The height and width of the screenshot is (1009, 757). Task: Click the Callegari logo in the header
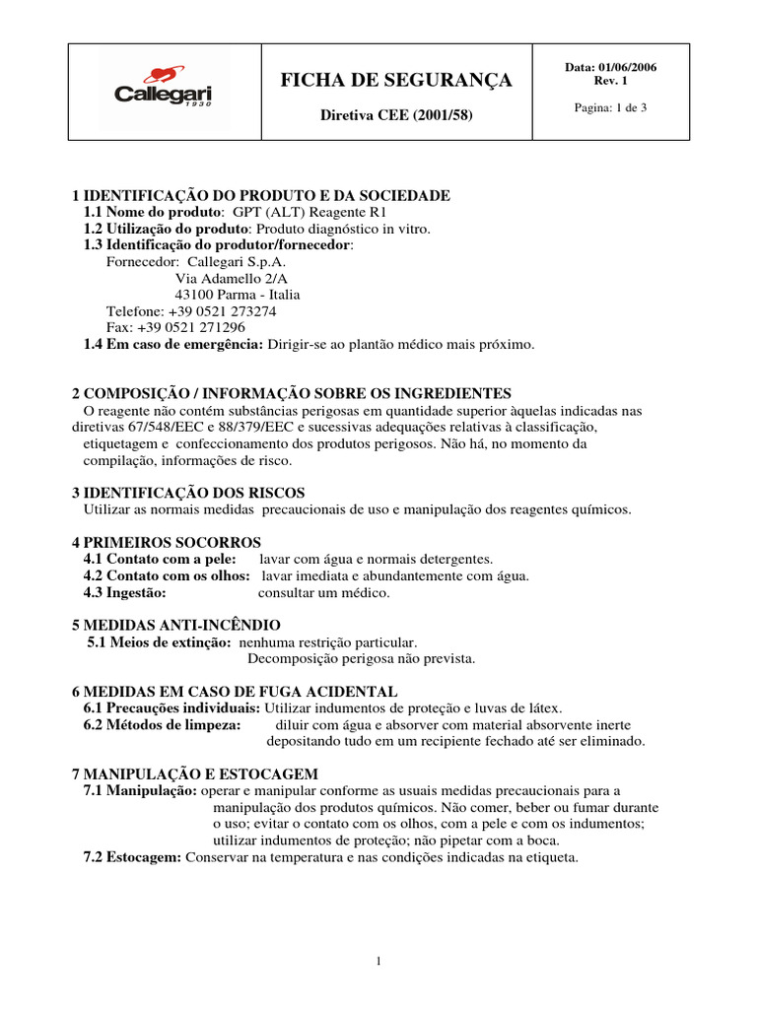click(x=163, y=90)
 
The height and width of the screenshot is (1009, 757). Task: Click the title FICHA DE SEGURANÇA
click(x=396, y=80)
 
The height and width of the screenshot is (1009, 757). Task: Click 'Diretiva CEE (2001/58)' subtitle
click(x=397, y=115)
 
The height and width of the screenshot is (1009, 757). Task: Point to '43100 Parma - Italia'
click(x=238, y=295)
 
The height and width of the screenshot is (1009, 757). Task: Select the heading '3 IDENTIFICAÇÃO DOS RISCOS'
click(x=188, y=493)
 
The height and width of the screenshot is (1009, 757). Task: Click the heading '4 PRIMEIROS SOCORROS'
click(x=167, y=543)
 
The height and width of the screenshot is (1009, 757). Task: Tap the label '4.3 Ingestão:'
click(x=125, y=592)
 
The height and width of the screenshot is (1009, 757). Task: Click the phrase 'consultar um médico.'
click(x=323, y=592)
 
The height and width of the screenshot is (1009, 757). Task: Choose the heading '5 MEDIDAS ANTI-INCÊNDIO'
click(x=176, y=626)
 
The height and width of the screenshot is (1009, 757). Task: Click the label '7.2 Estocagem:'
click(x=132, y=857)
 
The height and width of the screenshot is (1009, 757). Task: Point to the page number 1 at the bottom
click(x=378, y=962)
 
